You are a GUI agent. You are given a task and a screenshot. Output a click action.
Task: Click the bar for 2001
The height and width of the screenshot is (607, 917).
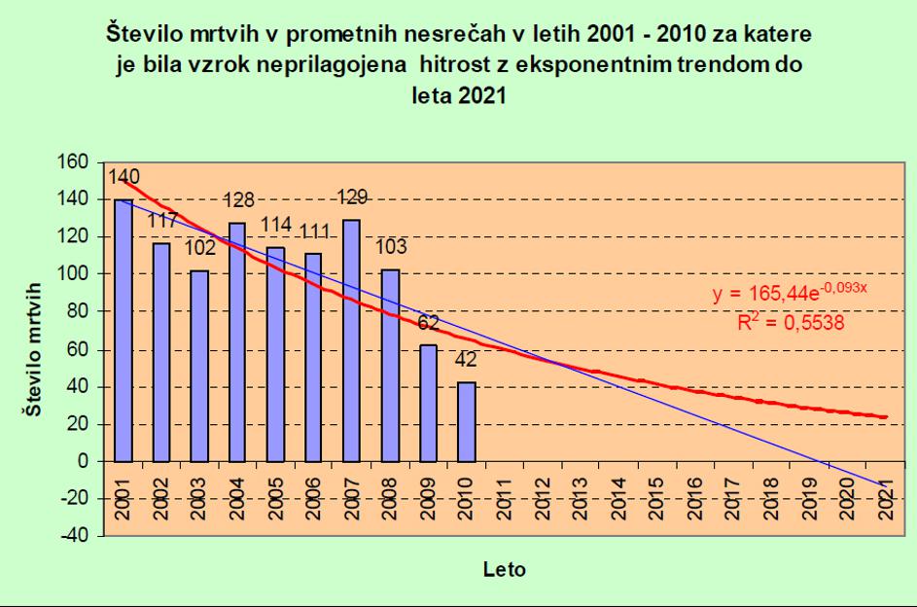(123, 330)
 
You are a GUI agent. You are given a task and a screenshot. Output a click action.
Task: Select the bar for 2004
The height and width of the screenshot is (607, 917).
(237, 341)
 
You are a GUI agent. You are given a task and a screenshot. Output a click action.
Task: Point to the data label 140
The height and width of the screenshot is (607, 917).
(123, 177)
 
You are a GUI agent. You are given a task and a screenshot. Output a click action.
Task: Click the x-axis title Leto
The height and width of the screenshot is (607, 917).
(505, 570)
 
